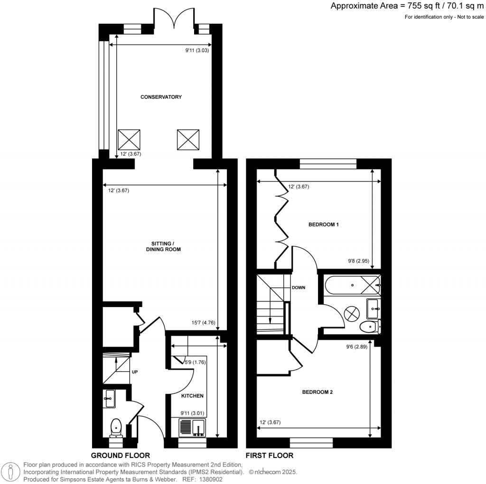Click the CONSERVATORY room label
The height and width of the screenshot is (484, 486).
161,97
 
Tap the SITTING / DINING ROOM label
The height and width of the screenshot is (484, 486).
163,246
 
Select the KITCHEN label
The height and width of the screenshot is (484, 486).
192,396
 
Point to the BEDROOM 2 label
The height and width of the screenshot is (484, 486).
318,392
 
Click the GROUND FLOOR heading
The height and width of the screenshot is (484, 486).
121,455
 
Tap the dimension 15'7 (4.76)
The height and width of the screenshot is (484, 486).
202,323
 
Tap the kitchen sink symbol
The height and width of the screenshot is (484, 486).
192,428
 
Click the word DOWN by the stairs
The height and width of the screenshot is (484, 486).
299,288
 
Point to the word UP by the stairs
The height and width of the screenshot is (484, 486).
134,372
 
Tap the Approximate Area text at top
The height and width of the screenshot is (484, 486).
407,6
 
